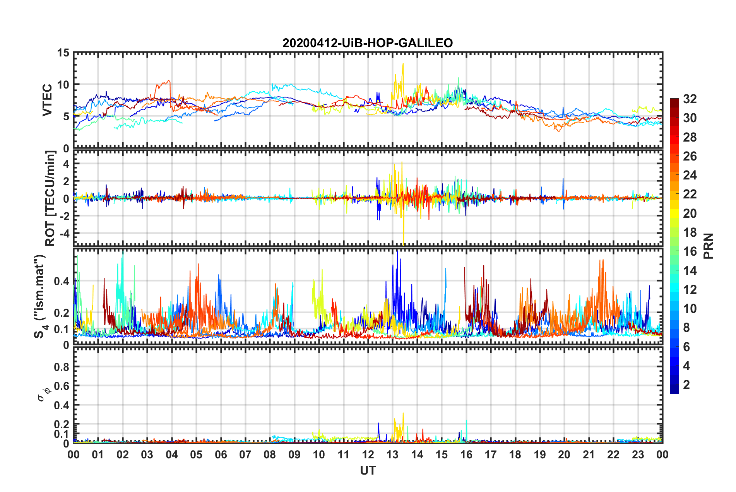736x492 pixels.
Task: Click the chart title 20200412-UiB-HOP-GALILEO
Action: tap(367, 43)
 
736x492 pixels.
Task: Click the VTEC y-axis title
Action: tap(47, 100)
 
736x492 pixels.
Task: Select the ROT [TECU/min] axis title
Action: tap(50, 198)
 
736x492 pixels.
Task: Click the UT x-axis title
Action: tap(368, 470)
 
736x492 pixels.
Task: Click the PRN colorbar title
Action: tap(709, 246)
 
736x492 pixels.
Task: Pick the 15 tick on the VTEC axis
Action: tap(63, 53)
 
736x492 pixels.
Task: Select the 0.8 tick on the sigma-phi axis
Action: tap(61, 367)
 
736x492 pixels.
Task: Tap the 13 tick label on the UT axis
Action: tap(392, 454)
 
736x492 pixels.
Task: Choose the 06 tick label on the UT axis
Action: tap(221, 454)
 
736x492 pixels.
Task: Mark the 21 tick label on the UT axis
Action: tap(589, 454)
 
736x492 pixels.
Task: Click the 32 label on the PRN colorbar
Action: tap(690, 99)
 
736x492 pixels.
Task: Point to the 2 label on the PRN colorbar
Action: tap(686, 385)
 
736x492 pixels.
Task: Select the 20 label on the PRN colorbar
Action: tap(690, 214)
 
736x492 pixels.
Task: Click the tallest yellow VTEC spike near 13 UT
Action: tap(403, 64)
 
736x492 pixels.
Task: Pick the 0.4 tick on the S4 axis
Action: tap(61, 281)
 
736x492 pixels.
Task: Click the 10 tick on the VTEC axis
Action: tap(63, 85)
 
